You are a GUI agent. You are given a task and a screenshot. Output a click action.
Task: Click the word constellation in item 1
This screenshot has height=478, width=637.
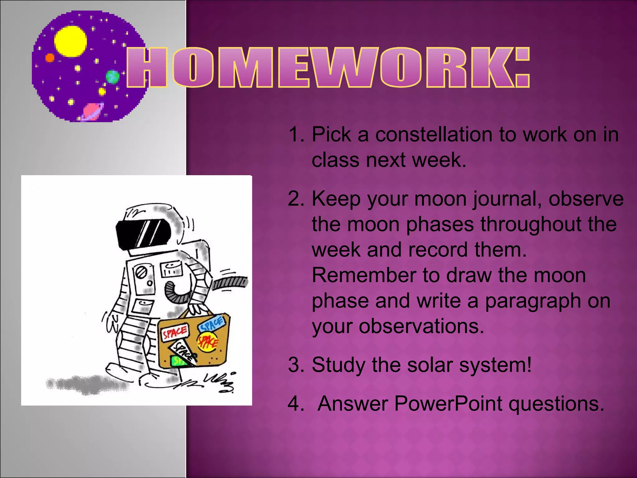[434, 135]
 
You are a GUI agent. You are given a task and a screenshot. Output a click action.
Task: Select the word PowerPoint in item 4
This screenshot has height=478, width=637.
[448, 404]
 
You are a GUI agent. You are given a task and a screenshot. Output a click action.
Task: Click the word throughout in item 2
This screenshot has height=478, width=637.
[532, 224]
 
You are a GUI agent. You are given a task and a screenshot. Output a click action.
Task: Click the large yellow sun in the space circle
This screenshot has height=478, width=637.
[70, 41]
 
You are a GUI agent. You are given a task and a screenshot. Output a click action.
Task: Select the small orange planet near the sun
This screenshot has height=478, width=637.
[50, 58]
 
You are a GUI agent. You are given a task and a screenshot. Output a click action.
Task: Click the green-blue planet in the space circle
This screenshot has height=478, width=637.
[112, 77]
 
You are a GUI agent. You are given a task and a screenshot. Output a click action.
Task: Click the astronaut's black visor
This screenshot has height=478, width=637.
[143, 233]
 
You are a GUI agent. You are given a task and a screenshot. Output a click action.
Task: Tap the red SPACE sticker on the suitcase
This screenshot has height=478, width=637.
[175, 333]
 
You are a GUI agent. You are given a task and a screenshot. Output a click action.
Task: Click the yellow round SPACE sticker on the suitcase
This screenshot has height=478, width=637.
[208, 342]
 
